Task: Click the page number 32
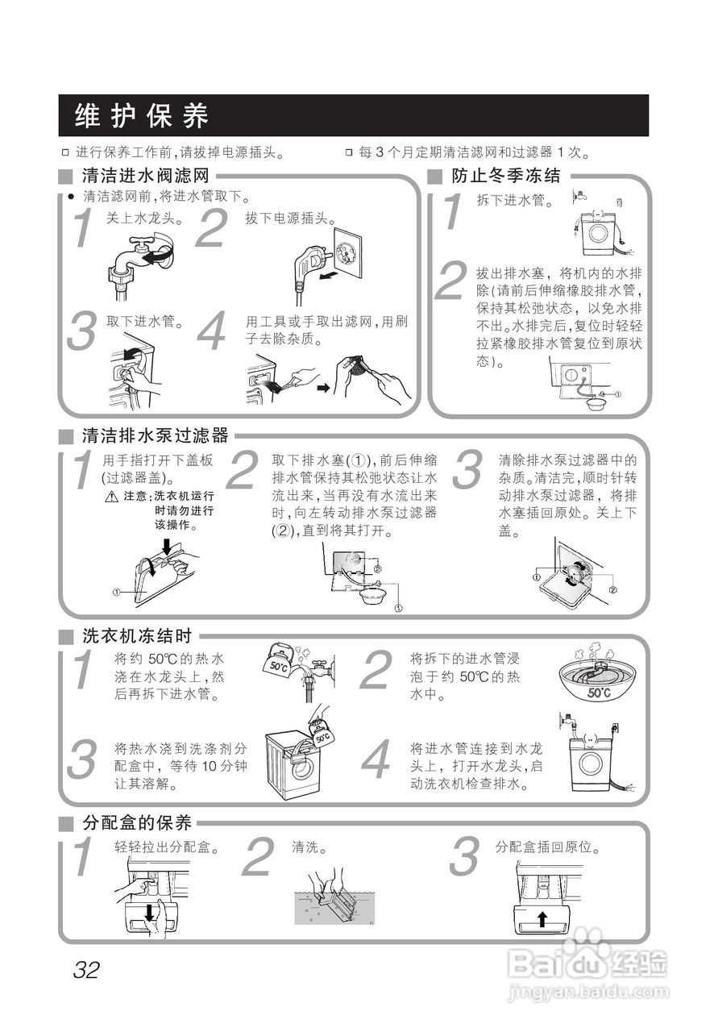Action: tap(85, 969)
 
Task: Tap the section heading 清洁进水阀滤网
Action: tap(146, 176)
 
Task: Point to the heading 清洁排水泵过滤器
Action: tap(156, 436)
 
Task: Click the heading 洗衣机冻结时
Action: tap(137, 635)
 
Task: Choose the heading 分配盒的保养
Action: tap(137, 823)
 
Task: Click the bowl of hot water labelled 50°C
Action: tap(596, 676)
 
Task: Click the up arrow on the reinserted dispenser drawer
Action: tap(542, 918)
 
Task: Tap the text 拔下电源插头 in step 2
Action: tap(291, 218)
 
